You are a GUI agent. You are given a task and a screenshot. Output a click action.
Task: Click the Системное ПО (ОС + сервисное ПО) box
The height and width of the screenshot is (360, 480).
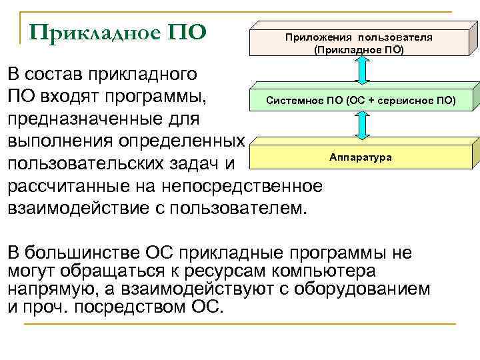[x=361, y=101]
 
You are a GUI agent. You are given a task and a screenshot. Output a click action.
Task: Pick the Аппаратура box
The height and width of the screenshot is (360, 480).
[x=361, y=157]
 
